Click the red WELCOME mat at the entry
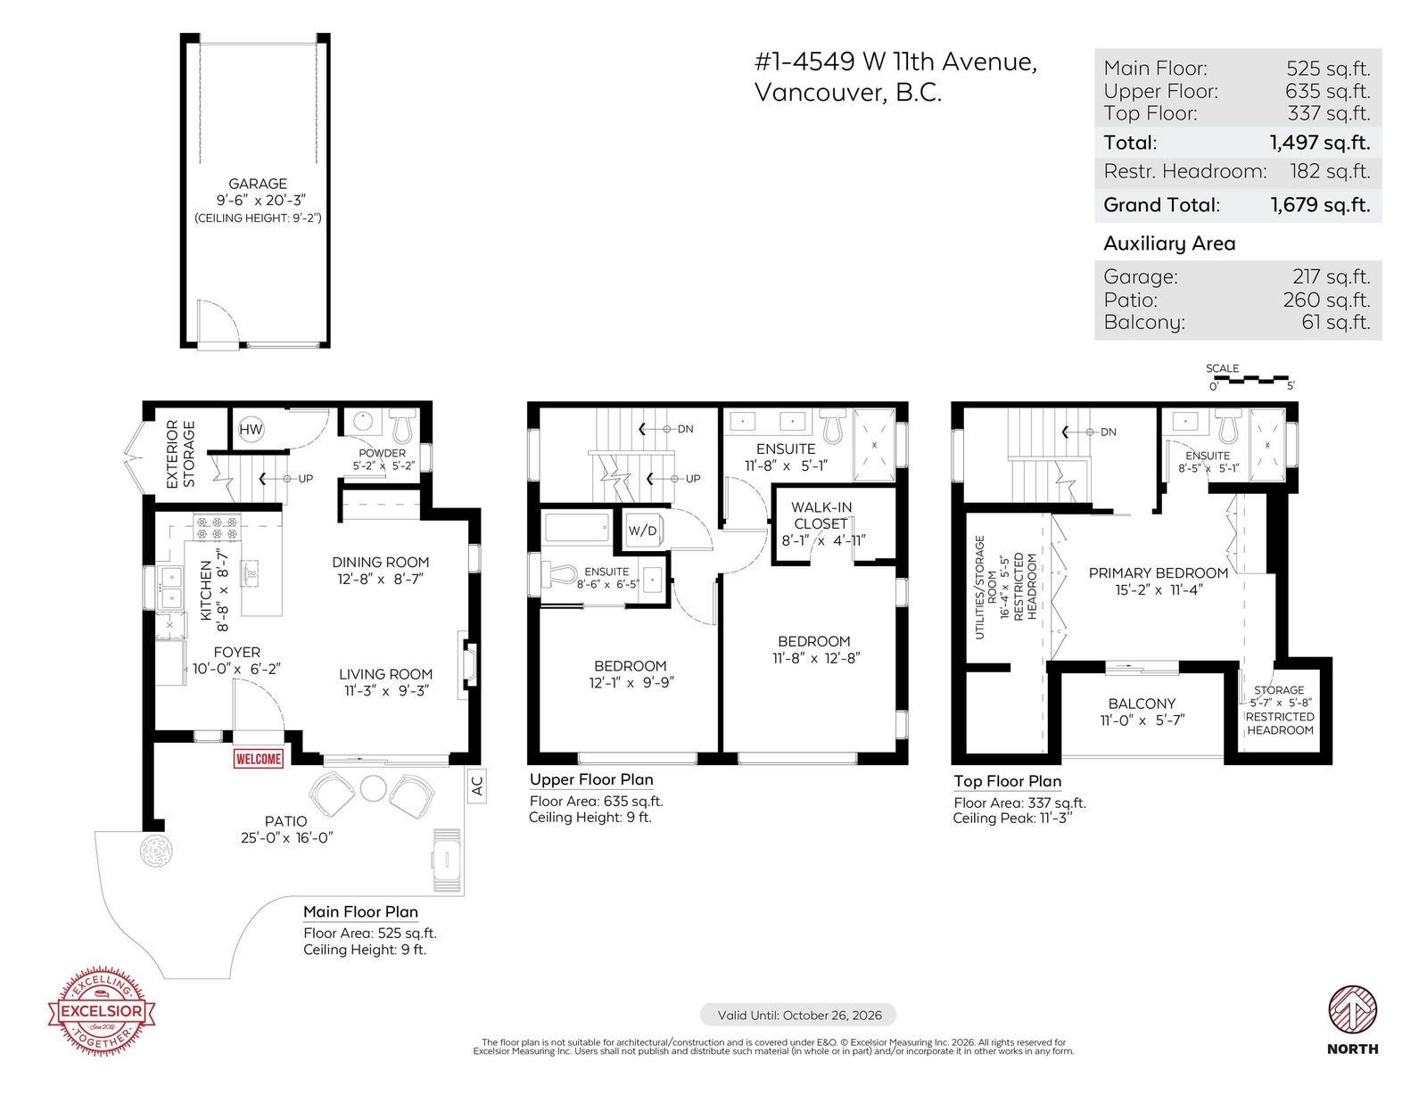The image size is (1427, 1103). coord(258,758)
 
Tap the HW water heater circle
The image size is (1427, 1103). coord(251,430)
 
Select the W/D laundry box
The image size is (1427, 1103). coord(642,531)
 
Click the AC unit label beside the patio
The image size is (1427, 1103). coord(477,786)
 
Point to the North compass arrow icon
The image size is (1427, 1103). coord(1352,1008)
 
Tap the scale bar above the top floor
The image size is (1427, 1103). coord(1251,380)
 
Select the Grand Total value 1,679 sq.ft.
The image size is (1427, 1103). coord(1320,205)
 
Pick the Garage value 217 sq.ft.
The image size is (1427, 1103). coord(1331,277)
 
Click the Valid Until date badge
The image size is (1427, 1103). coord(798,1015)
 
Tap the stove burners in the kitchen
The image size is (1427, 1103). coord(216,528)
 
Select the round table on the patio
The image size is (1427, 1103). coord(373,788)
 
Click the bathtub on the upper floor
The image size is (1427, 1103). coord(577,528)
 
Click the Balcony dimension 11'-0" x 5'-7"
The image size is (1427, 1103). coord(1142,720)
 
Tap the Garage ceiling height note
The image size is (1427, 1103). coord(258,218)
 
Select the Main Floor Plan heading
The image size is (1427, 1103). coord(360,911)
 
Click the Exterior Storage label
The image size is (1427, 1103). coord(180,454)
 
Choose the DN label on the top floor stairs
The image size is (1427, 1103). coord(1109,432)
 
